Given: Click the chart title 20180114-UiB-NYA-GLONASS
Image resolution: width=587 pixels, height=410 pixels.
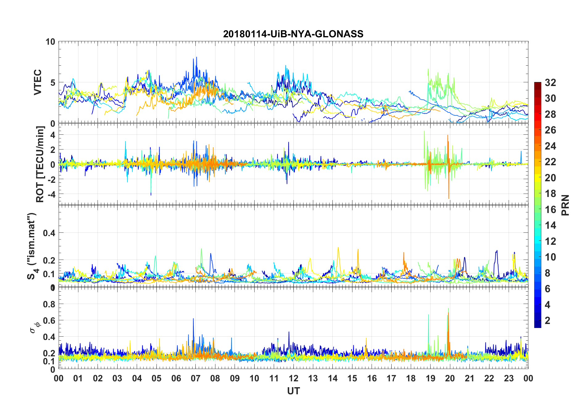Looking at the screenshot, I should (293, 34).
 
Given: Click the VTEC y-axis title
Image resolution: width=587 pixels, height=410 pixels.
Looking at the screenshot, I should (38, 82).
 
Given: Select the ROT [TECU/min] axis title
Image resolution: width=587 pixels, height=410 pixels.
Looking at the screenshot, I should (40, 164).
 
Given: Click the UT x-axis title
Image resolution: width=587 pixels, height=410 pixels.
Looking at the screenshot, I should (293, 391).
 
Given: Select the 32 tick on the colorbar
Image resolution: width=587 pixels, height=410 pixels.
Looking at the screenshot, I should (550, 82).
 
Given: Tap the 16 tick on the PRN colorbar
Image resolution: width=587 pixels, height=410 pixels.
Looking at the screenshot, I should (550, 210).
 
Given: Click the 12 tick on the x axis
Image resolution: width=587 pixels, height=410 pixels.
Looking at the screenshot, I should (293, 378).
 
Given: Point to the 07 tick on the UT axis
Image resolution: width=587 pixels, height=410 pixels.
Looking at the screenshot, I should (196, 378).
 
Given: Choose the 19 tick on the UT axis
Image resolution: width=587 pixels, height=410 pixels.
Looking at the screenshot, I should (431, 378).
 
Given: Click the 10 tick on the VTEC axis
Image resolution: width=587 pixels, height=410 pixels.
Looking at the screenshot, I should (50, 42).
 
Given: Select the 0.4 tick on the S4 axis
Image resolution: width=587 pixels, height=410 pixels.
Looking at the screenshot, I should (49, 233).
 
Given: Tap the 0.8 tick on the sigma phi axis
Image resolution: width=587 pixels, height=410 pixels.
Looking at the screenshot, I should (49, 304).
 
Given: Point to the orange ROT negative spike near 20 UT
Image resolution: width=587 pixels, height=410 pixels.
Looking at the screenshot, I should (449, 197).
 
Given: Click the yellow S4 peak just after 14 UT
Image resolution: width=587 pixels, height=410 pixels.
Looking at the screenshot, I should (338, 248).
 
